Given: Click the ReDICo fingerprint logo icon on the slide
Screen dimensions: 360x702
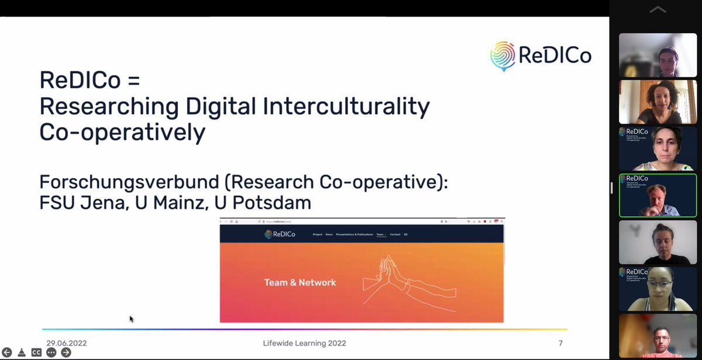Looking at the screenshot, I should click(503, 56).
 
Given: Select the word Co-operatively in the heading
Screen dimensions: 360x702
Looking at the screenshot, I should click(122, 133).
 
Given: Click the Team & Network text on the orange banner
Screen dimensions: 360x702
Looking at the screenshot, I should click(300, 282).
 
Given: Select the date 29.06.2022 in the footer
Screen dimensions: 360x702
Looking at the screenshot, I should click(67, 343).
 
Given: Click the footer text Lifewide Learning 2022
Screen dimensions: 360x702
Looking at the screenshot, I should click(304, 343).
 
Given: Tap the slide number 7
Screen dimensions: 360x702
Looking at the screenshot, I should click(560, 343).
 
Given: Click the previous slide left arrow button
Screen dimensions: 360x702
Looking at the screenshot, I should click(7, 352).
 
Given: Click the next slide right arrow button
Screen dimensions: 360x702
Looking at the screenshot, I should click(66, 352).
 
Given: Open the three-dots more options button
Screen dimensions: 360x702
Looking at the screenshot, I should click(51, 352).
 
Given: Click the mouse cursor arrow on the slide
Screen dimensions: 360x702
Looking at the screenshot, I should click(131, 318).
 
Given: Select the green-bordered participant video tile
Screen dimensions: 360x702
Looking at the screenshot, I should click(658, 196).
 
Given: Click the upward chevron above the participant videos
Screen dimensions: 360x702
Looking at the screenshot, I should click(658, 9).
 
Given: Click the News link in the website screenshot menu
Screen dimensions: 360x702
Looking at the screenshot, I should click(329, 234).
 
